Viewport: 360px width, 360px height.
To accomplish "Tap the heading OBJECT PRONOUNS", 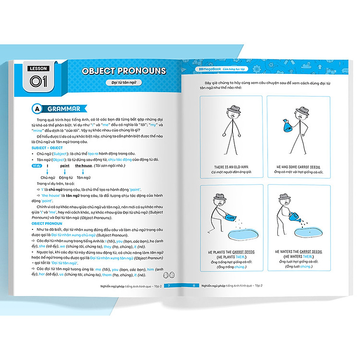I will [124, 71].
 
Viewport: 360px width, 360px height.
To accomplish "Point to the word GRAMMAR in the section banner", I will [63, 108].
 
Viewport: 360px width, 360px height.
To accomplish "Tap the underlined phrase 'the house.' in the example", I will [84, 165].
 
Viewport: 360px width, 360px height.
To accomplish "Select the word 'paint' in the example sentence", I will [65, 165].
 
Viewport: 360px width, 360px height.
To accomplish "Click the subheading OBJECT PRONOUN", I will [46, 223].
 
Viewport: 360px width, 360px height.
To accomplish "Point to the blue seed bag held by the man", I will [287, 126].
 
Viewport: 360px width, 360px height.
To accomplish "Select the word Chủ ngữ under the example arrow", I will [47, 177].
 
